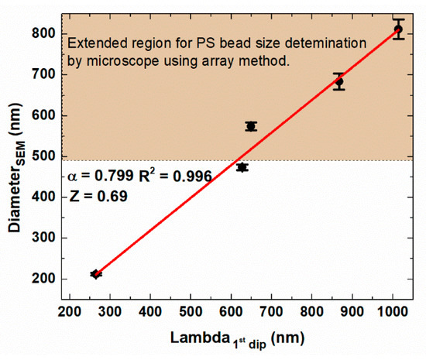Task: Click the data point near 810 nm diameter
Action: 398,29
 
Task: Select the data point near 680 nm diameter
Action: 338,81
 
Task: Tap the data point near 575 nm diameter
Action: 251,126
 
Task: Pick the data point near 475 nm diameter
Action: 242,167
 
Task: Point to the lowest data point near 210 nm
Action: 96,274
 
